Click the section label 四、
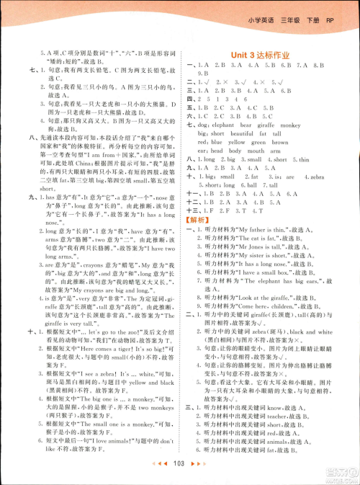click(x=189, y=99)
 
